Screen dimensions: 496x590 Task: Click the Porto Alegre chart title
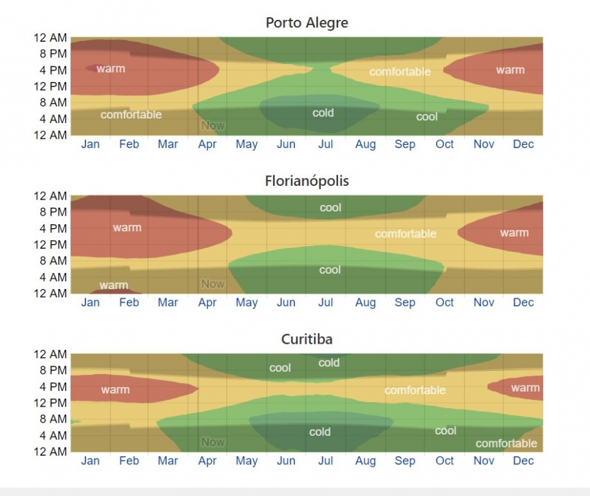coord(306,22)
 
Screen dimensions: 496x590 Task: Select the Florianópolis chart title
coord(306,181)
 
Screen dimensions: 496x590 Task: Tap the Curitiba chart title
coord(306,339)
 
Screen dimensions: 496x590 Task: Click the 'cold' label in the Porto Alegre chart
coord(323,113)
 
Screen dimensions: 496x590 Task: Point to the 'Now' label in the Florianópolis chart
coord(213,284)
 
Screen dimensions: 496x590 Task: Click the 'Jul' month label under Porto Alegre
coord(325,144)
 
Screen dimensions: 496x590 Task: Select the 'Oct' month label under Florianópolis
coord(444,302)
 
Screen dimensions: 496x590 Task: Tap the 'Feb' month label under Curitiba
coord(129,460)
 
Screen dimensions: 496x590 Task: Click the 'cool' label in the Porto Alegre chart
coord(427,117)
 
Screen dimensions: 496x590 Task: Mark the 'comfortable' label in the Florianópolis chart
coord(405,233)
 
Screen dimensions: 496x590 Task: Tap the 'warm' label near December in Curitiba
coord(525,388)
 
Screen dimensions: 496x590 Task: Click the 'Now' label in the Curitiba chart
coord(213,442)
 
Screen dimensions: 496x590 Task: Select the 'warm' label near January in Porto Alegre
coord(110,68)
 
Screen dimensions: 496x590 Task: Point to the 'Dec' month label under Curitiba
coord(523,460)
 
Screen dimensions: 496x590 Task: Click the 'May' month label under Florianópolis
coord(247,302)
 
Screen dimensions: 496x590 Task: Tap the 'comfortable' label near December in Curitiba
coord(506,443)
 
